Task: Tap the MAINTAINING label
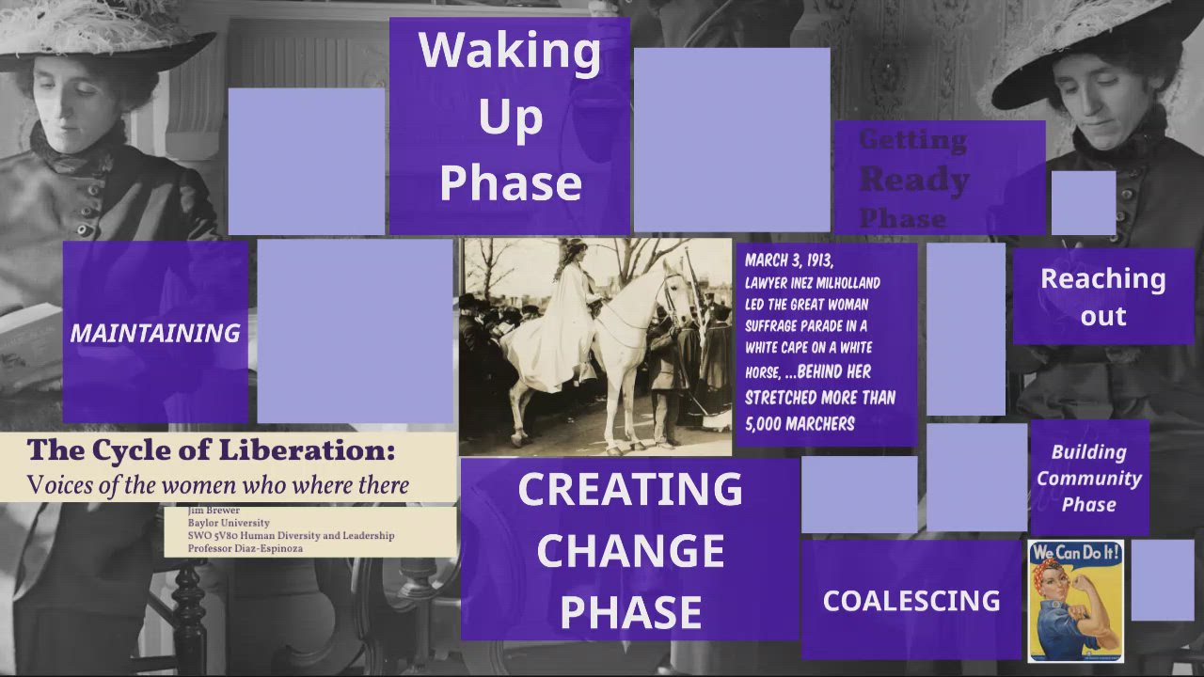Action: coord(155,333)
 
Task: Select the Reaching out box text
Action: coord(1102,296)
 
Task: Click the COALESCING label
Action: coord(911,601)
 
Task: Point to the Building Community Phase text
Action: coord(1089,478)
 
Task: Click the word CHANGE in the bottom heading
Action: coord(630,551)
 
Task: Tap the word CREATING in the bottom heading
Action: coord(630,490)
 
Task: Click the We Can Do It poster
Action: coord(1075,600)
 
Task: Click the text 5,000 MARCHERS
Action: coord(800,423)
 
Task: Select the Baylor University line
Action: coord(229,523)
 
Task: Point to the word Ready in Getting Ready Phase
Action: coord(913,179)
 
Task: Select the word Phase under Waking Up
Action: coord(510,182)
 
